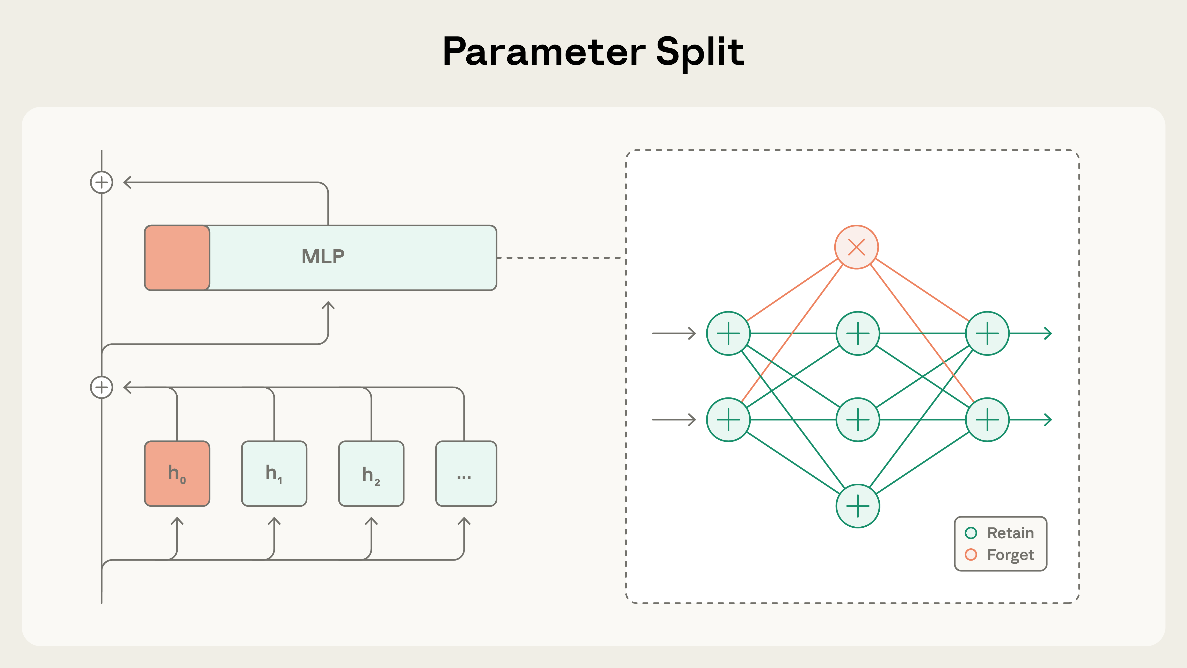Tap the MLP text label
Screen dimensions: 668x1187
tap(323, 257)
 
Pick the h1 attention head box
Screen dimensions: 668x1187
tap(274, 474)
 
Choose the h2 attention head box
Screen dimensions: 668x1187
tap(371, 474)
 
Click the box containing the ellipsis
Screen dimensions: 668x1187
tap(466, 474)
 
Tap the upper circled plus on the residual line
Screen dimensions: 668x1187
tap(101, 183)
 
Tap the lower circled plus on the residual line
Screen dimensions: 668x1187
tap(101, 387)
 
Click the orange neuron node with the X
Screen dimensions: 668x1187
tap(856, 247)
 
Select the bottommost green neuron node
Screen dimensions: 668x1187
tap(858, 506)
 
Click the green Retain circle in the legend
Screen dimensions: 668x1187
tap(971, 533)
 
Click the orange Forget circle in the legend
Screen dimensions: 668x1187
tap(971, 555)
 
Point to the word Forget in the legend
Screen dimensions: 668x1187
tap(1010, 555)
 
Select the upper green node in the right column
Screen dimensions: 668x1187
tap(987, 333)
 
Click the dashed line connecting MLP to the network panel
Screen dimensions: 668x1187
tap(560, 258)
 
